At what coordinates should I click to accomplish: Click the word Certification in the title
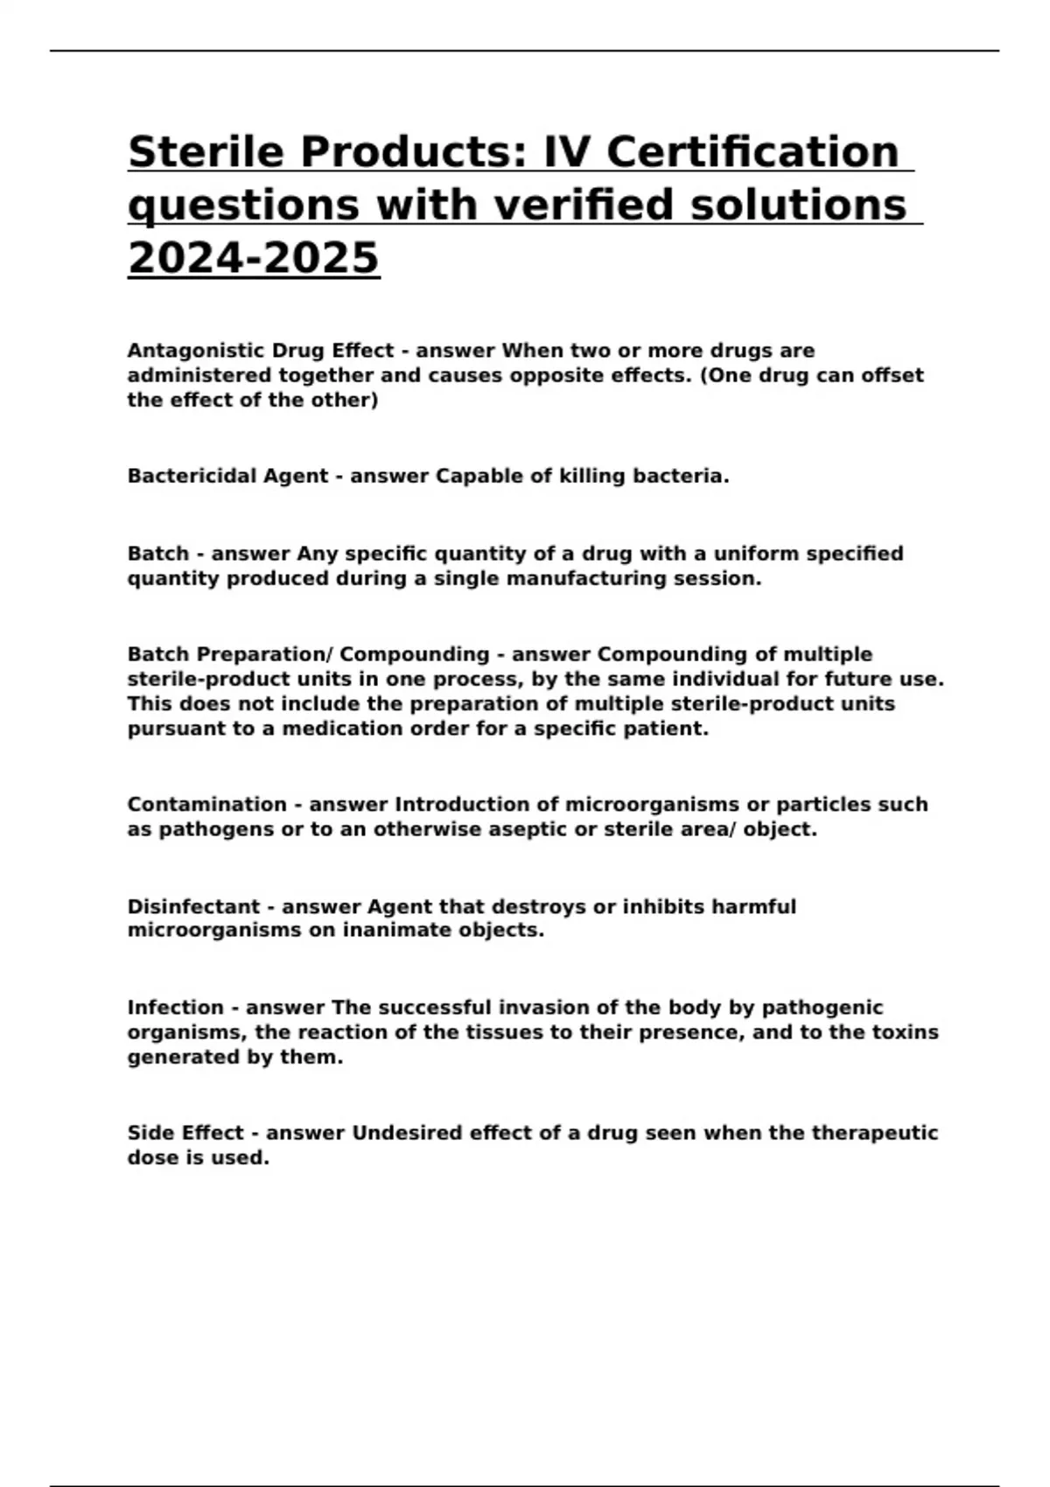[752, 152]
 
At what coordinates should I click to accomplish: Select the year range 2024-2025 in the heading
[254, 258]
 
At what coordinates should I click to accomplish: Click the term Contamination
[207, 805]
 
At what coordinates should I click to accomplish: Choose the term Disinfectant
[193, 907]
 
